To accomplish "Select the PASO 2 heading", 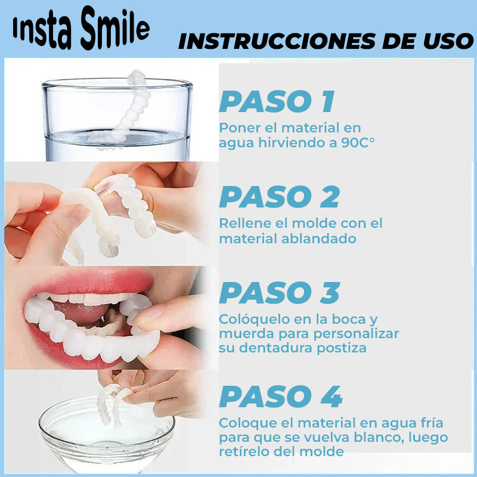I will (x=279, y=197).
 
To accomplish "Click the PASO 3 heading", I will (x=279, y=293).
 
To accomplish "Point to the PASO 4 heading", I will (x=280, y=397).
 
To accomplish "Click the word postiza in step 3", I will (x=344, y=348).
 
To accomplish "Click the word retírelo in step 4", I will (x=242, y=451).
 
